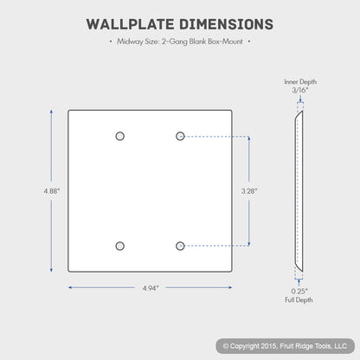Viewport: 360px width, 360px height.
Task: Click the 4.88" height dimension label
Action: click(52, 191)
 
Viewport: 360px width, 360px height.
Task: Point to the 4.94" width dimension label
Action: click(151, 288)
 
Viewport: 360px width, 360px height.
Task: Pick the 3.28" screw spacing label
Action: click(249, 191)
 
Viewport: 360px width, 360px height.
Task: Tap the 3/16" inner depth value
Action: click(300, 90)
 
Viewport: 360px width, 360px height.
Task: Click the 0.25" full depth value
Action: click(299, 291)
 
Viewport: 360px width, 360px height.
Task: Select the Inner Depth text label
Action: click(300, 82)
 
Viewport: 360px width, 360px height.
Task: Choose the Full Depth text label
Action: click(299, 300)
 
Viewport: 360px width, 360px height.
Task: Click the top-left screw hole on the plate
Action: click(120, 136)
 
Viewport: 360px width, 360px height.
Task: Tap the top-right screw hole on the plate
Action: click(180, 136)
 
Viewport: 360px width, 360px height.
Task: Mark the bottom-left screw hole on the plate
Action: click(120, 246)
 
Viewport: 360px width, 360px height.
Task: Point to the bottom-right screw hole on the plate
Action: click(180, 246)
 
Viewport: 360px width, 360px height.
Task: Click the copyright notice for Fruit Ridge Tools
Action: click(285, 346)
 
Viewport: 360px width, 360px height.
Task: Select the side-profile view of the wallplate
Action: click(299, 191)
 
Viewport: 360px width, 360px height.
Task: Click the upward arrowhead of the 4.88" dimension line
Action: click(51, 112)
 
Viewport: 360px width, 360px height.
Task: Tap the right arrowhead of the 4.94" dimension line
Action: click(230, 287)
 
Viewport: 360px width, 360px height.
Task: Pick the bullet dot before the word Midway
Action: click(111, 42)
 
